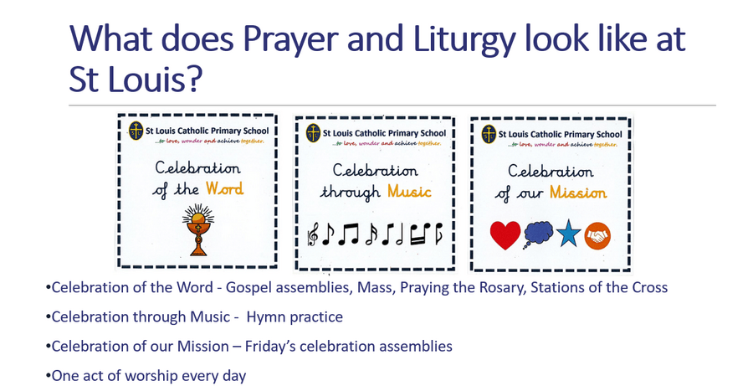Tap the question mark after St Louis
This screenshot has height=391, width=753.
[x=193, y=79]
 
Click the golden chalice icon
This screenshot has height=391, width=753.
[x=197, y=229]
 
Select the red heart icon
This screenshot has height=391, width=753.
[x=505, y=235]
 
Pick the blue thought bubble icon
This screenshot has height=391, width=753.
[x=538, y=234]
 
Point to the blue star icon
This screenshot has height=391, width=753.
[x=569, y=233]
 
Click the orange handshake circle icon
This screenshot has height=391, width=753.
[x=597, y=236]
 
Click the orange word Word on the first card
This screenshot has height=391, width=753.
[x=225, y=188]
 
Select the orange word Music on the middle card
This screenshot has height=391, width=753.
[x=410, y=192]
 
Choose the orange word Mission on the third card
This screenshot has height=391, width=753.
[x=578, y=193]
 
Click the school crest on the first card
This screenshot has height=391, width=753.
[x=136, y=131]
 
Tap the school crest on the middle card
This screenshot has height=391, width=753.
[x=313, y=133]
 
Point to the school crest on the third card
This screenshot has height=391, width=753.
[x=489, y=135]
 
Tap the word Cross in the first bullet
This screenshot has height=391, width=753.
[x=649, y=288]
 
